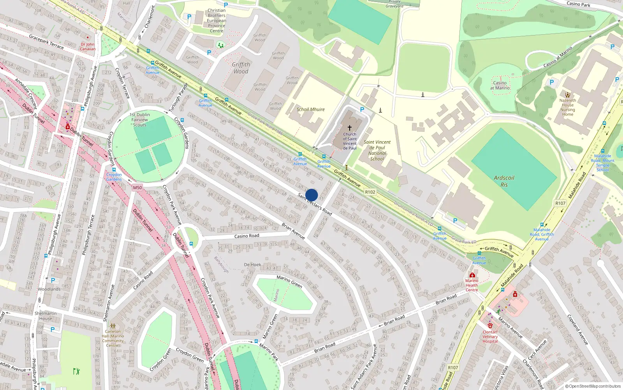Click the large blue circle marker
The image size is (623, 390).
click(311, 195)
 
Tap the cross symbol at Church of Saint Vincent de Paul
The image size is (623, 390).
click(350, 128)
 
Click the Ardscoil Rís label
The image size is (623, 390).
click(504, 181)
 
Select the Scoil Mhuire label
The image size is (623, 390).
click(310, 110)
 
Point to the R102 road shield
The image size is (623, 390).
click(370, 192)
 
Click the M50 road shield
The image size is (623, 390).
click(137, 188)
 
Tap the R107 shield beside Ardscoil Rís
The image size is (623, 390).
click(560, 203)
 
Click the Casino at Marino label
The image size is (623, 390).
click(500, 85)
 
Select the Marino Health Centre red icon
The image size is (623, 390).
click(472, 275)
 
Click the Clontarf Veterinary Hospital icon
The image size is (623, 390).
click(490, 326)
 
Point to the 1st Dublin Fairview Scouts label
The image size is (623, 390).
click(140, 120)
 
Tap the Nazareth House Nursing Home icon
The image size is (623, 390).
click(568, 94)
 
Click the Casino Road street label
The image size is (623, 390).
click(246, 236)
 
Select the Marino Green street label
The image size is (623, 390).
click(289, 281)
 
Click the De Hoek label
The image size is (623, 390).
click(252, 265)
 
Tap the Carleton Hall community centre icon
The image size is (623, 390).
click(113, 326)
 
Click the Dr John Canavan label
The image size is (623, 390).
click(88, 46)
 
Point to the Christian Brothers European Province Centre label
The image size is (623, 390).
click(216, 21)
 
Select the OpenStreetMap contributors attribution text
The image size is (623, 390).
click(593, 386)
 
